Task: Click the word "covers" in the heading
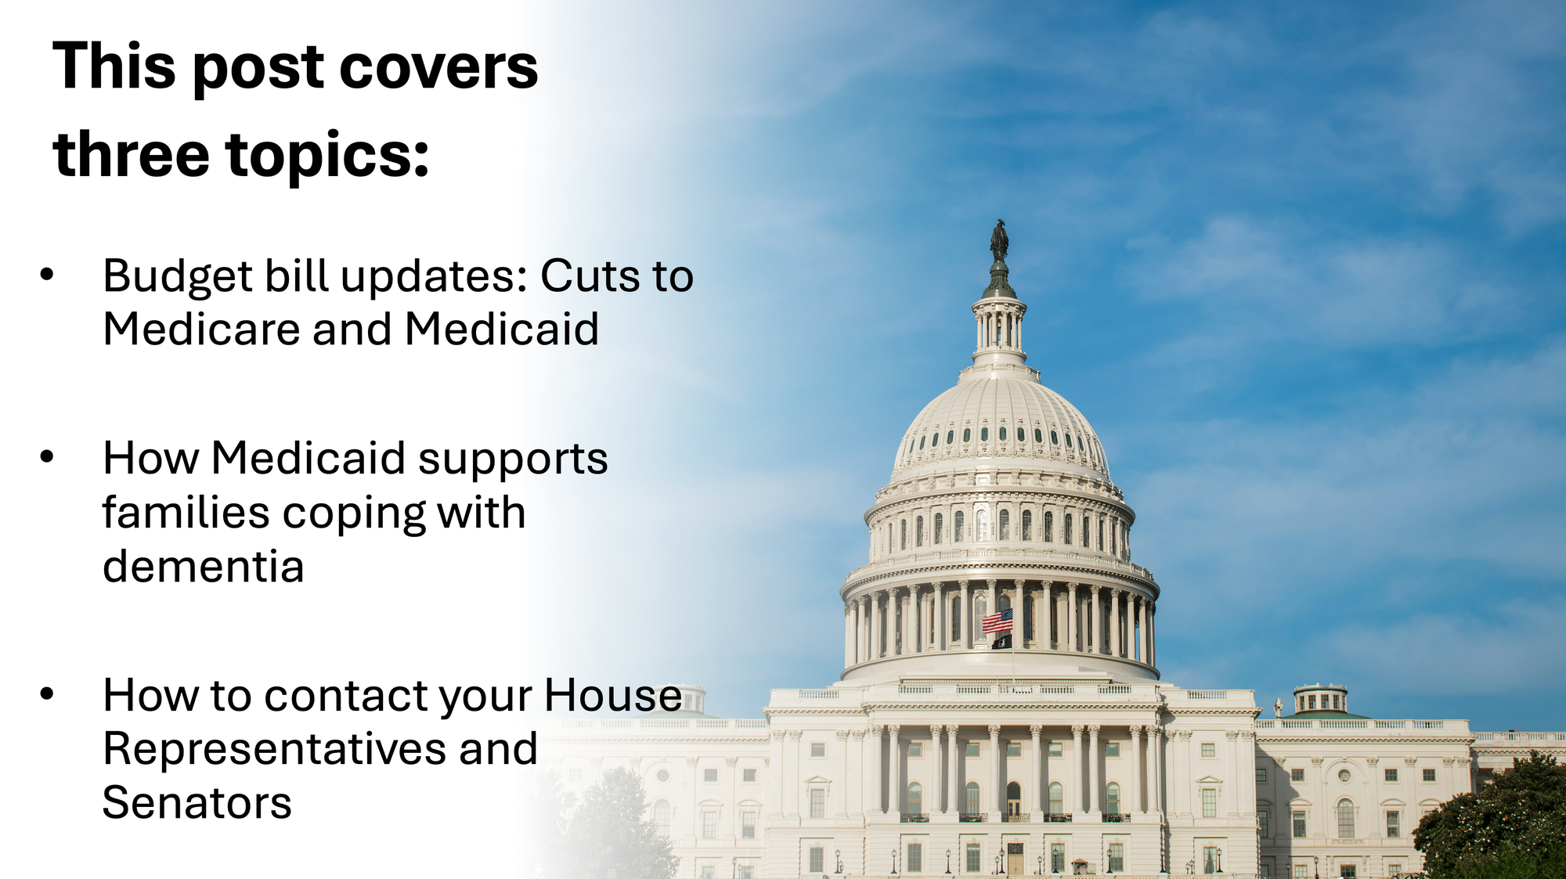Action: pos(439,67)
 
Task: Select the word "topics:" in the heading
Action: pos(328,157)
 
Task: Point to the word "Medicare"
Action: pos(201,329)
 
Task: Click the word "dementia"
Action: pos(203,566)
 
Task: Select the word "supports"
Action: pos(513,460)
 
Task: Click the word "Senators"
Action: pos(197,803)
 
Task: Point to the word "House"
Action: pos(613,695)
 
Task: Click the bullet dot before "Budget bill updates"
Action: pos(47,275)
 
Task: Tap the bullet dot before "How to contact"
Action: pos(47,693)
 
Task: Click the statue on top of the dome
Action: pos(999,240)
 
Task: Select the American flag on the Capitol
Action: pos(998,621)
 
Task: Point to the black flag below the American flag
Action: pos(1001,642)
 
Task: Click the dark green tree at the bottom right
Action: pos(1492,818)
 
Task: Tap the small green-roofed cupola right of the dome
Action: pos(1321,701)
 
